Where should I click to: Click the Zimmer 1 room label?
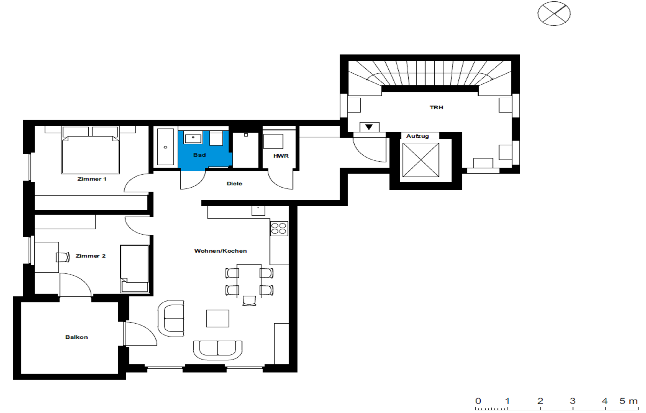(92, 179)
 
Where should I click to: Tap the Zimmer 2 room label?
(90, 256)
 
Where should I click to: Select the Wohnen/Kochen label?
(220, 251)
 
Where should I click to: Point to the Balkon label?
(76, 337)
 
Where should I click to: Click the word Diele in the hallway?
(234, 184)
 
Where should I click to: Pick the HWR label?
(281, 156)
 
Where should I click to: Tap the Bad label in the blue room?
(199, 155)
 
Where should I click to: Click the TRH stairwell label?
(436, 107)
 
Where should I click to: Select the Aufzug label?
(417, 136)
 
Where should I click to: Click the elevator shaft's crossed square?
(421, 160)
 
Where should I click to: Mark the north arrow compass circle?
(554, 13)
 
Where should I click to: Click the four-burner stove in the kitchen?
(279, 228)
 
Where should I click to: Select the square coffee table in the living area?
(218, 319)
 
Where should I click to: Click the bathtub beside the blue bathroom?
(165, 147)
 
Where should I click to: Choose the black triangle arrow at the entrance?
(369, 127)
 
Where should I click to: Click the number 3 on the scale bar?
(572, 401)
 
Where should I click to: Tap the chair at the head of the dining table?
(249, 301)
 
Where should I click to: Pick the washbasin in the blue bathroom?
(193, 138)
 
